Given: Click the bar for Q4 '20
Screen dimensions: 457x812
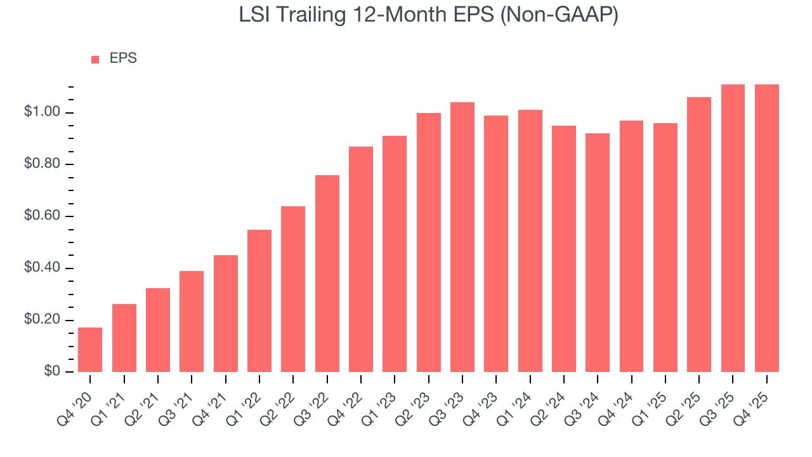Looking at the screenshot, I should coord(90,350).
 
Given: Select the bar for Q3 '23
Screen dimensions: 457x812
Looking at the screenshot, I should coord(462,237).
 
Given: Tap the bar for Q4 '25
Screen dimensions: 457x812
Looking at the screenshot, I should coord(767,228).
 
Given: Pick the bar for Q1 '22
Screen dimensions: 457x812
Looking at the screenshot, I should coord(259,301).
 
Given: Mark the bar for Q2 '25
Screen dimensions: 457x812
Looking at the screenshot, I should coord(699,234).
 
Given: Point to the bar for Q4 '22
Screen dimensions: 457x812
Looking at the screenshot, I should coord(361,259).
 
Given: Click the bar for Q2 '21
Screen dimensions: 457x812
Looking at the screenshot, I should coord(158,330).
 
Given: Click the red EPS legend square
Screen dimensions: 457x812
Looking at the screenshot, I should coord(95,59).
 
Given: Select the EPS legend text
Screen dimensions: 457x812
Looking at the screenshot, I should coord(123,58).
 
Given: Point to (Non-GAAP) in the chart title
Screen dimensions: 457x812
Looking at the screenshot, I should coord(559,15).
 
